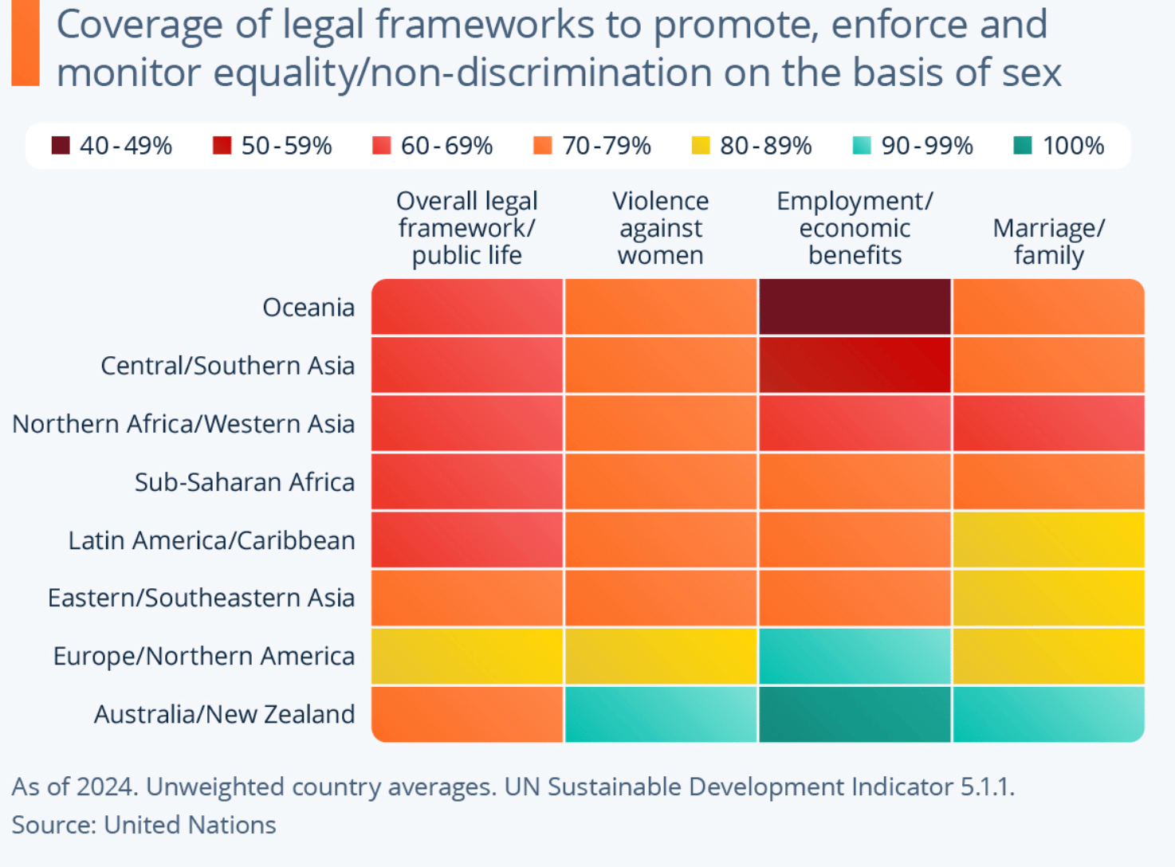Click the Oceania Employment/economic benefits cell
coord(855,307)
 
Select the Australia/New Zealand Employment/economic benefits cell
coord(855,714)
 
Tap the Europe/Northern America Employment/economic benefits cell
coord(855,656)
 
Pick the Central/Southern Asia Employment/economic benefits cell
coord(855,365)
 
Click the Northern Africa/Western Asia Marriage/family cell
coord(1048,423)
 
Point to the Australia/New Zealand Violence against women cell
coord(660,714)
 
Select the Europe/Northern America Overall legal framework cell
coord(467,656)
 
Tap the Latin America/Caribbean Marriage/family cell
coord(1048,539)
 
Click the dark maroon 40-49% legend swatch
coord(61,146)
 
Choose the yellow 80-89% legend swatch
coord(701,146)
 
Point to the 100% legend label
coord(1073,146)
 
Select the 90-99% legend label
coord(927,146)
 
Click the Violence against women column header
coord(660,228)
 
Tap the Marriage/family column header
coord(1048,241)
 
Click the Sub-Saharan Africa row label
coord(244,482)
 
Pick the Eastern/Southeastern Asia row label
coord(201,598)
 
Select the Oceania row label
coord(308,307)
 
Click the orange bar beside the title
coord(26,43)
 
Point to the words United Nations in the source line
coord(190,825)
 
